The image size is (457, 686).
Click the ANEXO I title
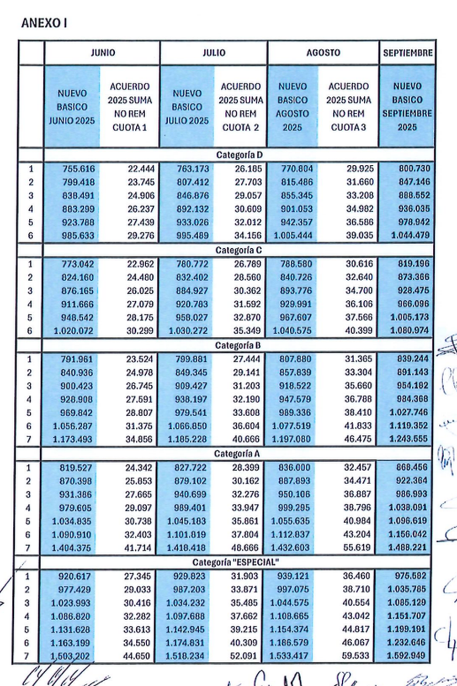coord(44,23)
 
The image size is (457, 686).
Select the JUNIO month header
coord(102,53)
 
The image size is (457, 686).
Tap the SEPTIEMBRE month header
coord(407,53)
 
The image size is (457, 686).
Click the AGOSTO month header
coord(323,53)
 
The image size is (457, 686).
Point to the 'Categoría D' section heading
coord(239,155)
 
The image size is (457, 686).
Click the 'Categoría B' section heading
coord(238,346)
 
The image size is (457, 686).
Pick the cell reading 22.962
coord(141,264)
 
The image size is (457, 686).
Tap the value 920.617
coord(75,576)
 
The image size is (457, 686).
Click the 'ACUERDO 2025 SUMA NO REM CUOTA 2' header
coord(240,107)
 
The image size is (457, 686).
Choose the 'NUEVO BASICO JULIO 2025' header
coord(187,107)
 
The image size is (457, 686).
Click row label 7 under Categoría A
coord(27,548)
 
